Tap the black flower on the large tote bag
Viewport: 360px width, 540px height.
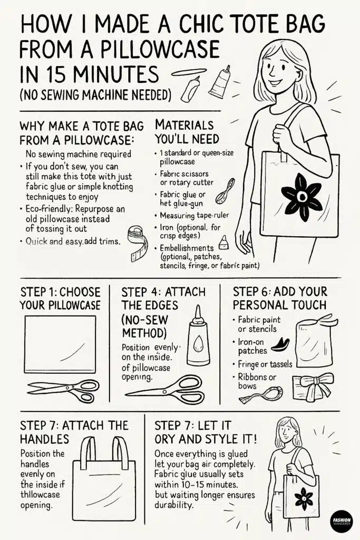click(301, 196)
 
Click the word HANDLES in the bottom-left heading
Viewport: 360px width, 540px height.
click(45, 438)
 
